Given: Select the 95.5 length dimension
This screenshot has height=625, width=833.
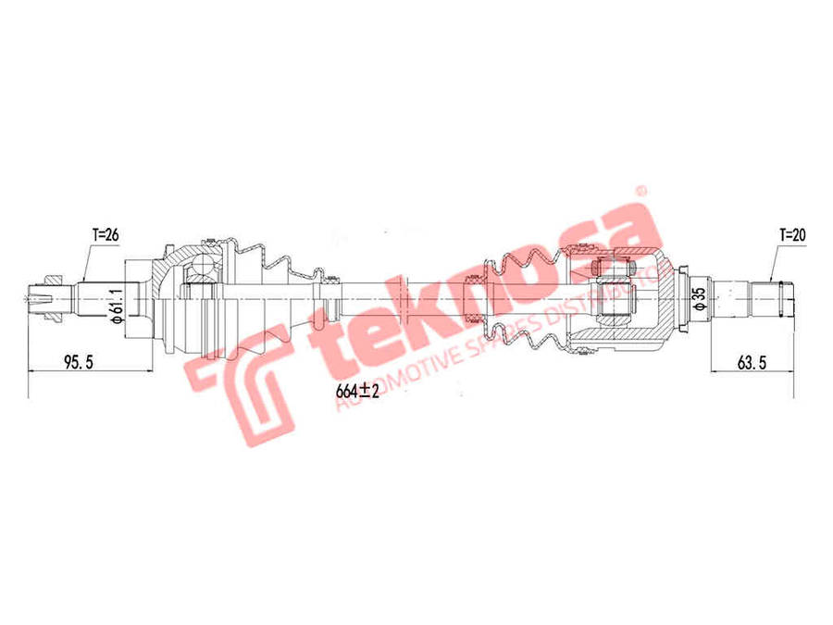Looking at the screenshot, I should (x=79, y=362).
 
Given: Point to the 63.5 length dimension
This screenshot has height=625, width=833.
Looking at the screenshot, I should (x=752, y=362).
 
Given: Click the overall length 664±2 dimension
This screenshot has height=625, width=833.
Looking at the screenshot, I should (x=358, y=391).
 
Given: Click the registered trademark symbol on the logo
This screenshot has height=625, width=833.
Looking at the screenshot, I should (x=638, y=192).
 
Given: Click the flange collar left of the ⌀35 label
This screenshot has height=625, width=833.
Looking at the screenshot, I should (x=682, y=296).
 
